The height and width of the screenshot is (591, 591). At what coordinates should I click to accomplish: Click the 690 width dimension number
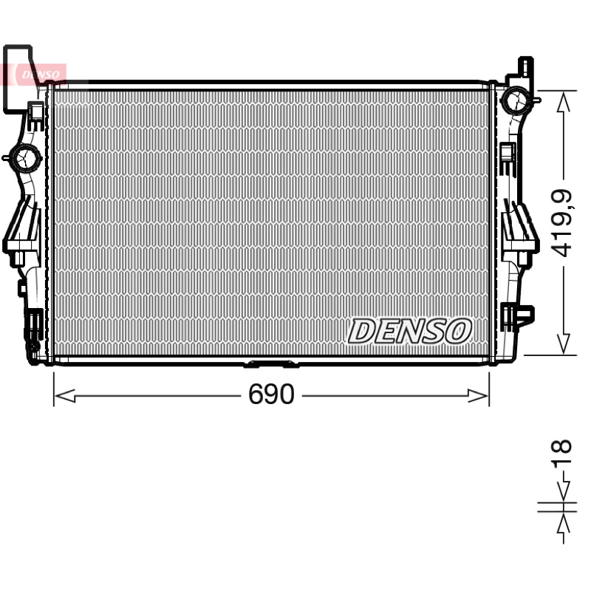[271, 394]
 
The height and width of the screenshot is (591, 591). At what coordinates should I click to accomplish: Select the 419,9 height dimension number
[561, 223]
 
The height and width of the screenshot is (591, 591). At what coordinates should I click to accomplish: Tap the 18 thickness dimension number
[561, 454]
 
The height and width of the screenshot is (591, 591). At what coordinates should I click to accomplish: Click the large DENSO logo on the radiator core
[409, 331]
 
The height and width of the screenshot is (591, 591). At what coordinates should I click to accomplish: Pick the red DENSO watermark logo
[41, 75]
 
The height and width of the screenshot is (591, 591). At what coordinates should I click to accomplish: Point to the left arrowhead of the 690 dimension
[64, 396]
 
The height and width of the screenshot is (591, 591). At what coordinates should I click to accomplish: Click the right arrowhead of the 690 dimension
[478, 396]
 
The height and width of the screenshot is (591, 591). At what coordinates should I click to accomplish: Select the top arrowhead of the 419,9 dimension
[564, 102]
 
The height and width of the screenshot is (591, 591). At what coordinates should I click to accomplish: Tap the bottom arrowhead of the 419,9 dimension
[564, 344]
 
